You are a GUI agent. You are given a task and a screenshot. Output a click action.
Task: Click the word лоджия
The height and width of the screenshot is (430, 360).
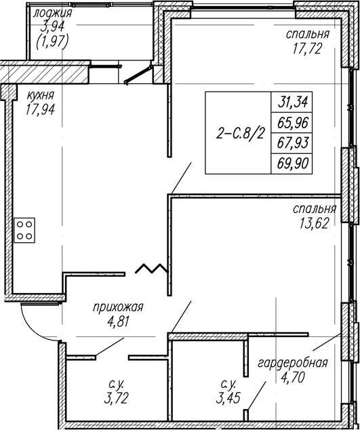pos(52,13)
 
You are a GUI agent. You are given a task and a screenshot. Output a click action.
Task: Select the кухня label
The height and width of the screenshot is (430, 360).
pos(41,96)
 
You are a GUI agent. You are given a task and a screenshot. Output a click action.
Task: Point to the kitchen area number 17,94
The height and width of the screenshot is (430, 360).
pos(41,110)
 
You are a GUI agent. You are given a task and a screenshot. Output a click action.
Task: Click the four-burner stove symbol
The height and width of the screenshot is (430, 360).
pos(24,230)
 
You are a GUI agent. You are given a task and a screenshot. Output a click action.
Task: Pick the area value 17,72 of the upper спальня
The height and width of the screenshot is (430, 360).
pos(307,49)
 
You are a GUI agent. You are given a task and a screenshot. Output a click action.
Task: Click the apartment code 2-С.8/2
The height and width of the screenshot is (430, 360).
pos(241,134)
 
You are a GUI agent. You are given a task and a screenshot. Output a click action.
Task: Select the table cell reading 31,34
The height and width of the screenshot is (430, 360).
pos(292,102)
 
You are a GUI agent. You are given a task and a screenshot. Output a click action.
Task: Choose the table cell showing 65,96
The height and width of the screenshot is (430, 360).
pos(292,123)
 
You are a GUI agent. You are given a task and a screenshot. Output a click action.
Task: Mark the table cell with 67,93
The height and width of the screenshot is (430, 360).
pos(292,143)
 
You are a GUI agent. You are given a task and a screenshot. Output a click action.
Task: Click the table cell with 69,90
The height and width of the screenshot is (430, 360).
pos(292,163)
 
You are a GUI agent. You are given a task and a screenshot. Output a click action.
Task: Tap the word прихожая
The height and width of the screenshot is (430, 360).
pos(118,307)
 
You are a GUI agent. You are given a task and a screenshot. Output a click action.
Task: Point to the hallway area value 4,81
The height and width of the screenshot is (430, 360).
pos(118,321)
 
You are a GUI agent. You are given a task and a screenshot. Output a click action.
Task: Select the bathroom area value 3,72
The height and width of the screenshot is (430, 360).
pos(116,398)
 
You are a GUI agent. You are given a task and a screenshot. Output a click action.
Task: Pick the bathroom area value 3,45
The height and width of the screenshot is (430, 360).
pos(228,398)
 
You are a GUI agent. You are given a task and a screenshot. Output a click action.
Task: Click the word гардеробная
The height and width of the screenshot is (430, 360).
pos(293,363)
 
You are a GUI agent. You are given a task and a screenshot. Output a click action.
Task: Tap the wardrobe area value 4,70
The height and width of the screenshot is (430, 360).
pos(293,377)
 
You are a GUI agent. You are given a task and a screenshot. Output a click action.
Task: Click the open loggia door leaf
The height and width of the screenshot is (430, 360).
pos(138,75)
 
